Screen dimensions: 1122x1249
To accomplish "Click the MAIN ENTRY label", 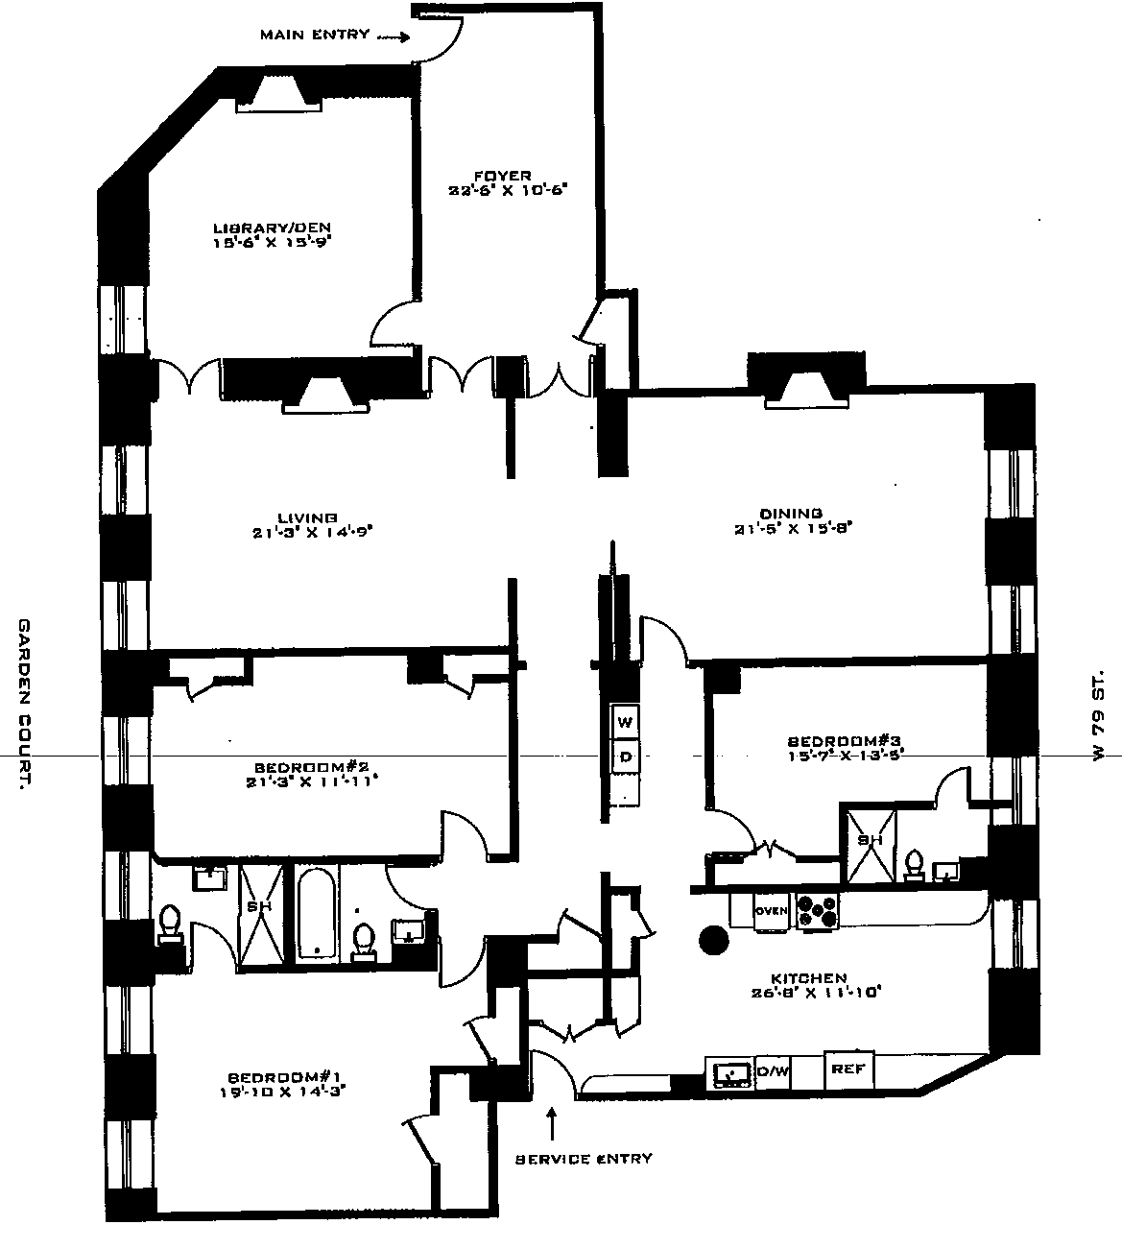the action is pyautogui.click(x=314, y=35).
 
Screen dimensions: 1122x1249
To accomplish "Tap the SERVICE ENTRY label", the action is pyautogui.click(x=585, y=1158).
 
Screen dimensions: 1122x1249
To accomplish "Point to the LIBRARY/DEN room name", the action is pyautogui.click(x=277, y=228).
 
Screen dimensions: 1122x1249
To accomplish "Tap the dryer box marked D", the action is pyautogui.click(x=626, y=757).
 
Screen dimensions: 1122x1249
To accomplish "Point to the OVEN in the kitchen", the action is pyautogui.click(x=771, y=911).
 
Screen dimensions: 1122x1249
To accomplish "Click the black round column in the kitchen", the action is pyautogui.click(x=714, y=940).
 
